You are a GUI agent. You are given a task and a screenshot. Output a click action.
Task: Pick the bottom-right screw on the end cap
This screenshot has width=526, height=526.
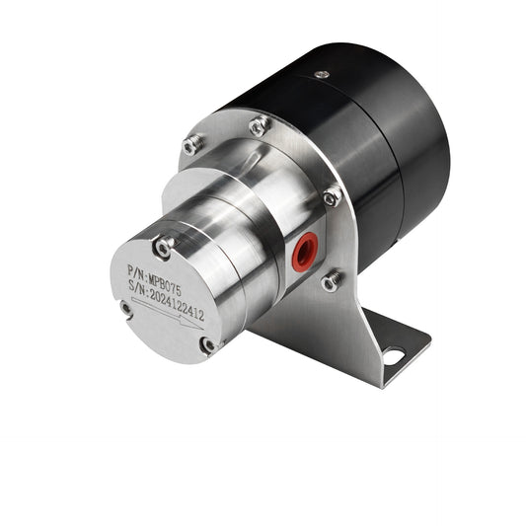(x=207, y=344)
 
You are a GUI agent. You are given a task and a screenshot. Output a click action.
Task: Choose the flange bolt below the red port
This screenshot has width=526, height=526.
(x=332, y=280)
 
